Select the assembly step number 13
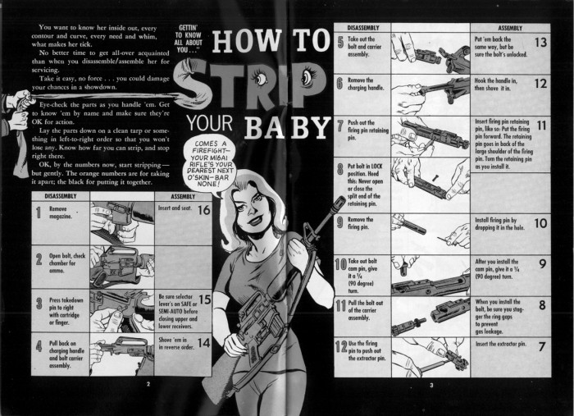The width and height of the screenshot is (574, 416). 540,42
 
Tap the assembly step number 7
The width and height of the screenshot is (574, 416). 542,346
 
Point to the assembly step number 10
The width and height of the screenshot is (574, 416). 540,222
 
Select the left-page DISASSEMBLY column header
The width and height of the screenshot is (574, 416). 61,197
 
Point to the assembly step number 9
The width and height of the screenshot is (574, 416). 542,264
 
